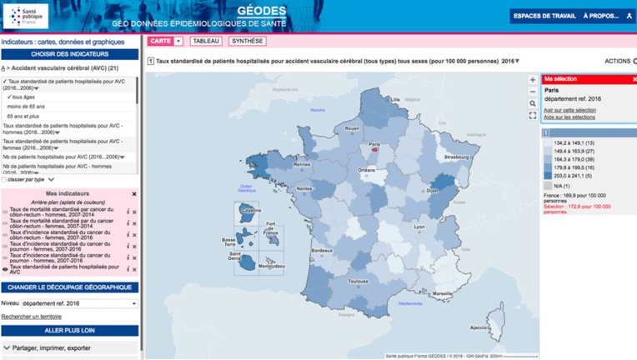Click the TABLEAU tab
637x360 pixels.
206,41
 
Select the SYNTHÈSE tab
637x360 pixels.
248,41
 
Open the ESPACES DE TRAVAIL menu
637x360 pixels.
544,16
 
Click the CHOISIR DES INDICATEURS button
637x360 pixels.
69,54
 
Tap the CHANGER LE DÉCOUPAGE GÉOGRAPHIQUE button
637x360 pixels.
69,287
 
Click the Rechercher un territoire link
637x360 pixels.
31,317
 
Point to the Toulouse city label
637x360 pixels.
359,282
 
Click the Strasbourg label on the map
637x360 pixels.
456,157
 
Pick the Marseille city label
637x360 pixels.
443,293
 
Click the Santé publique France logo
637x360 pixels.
25,16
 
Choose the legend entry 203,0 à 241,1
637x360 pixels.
572,176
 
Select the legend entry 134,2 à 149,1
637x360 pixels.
572,142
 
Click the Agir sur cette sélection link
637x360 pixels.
569,110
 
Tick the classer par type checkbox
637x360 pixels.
4,179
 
